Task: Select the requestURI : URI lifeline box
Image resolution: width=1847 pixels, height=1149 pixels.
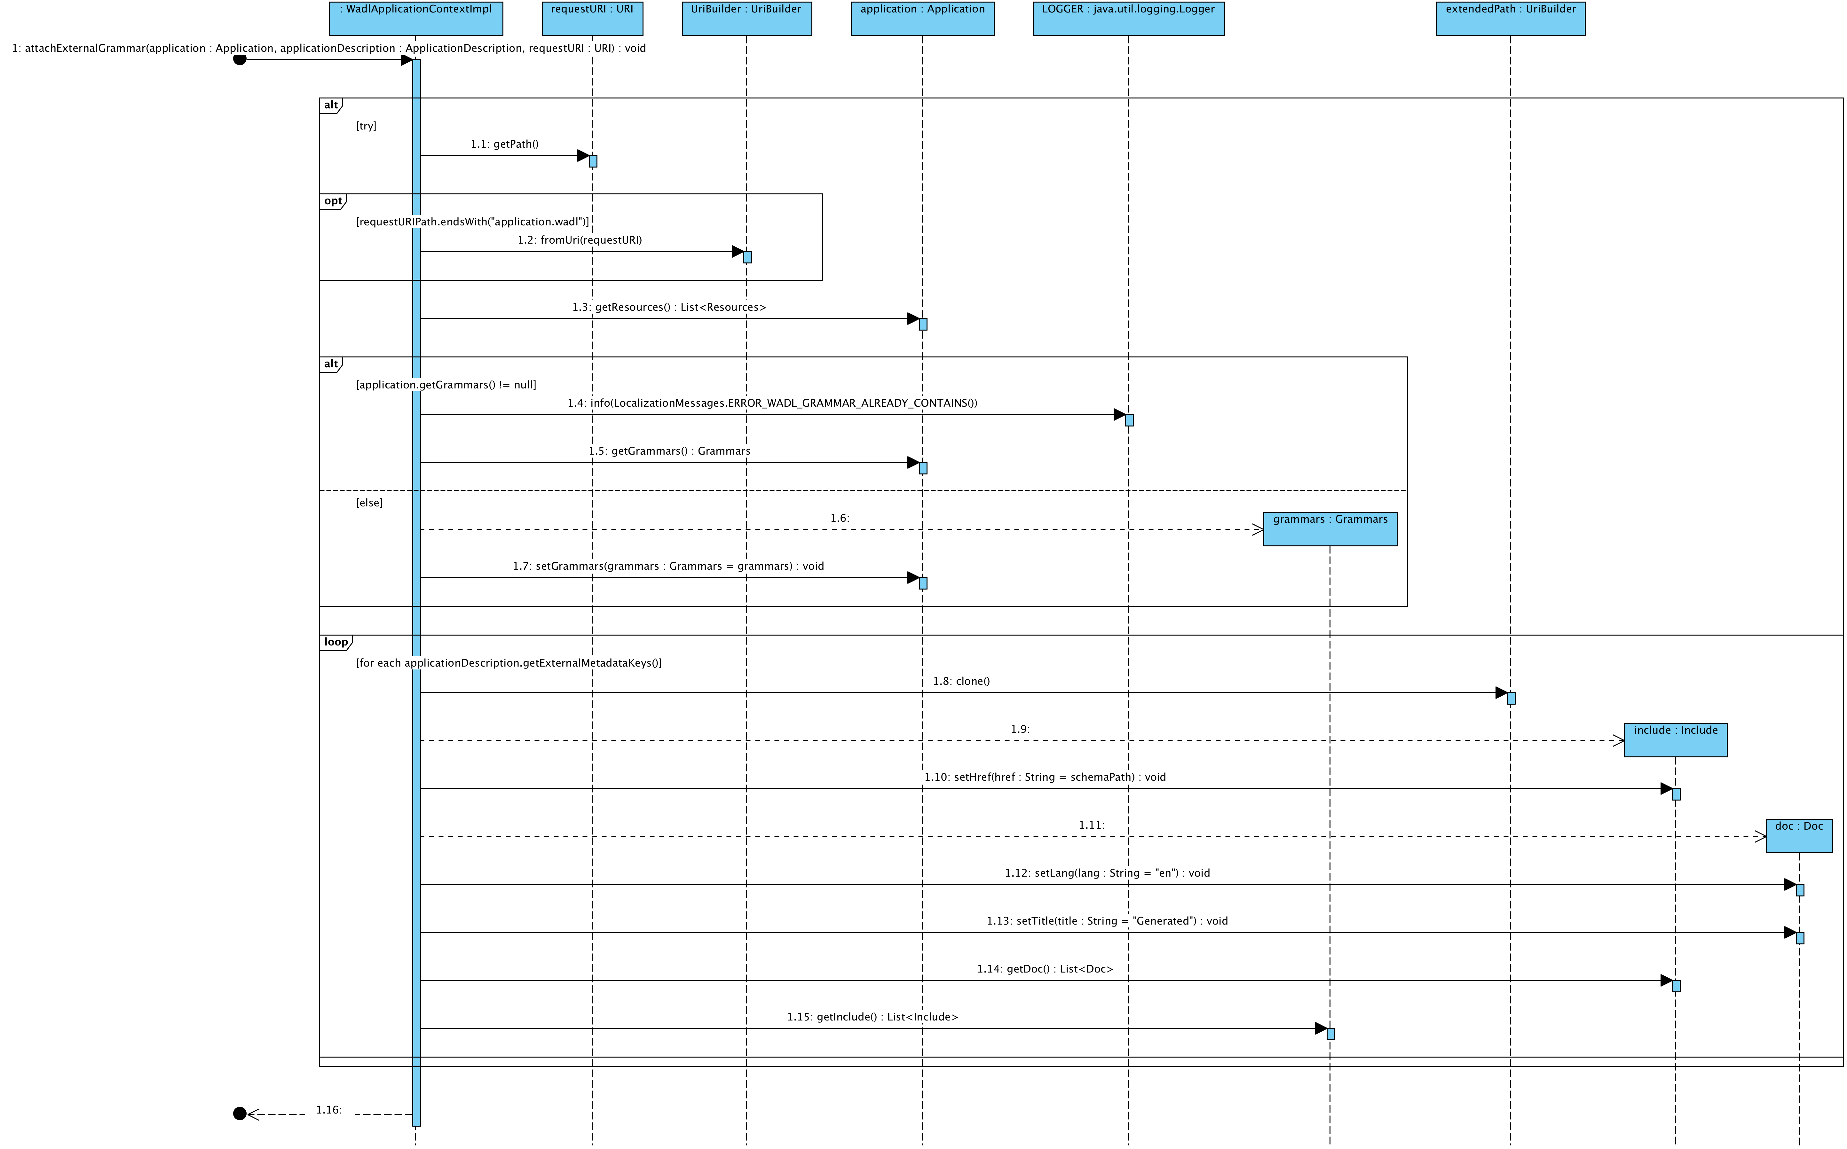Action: pos(592,18)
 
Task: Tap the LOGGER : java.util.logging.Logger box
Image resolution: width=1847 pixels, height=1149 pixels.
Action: pos(1128,18)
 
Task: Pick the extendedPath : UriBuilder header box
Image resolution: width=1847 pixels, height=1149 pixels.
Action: pos(1510,18)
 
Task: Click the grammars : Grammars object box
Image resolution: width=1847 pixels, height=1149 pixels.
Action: pos(1330,528)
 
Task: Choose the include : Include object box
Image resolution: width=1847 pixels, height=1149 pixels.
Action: pos(1675,739)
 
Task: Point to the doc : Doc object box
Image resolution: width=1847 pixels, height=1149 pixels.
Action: pos(1798,835)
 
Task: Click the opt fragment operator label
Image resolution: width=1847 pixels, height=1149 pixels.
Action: pos(333,201)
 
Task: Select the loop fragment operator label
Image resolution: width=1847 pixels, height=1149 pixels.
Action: pos(335,642)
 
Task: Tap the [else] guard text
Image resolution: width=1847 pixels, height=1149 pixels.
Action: pos(369,503)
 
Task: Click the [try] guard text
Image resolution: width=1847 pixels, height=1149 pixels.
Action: pos(366,126)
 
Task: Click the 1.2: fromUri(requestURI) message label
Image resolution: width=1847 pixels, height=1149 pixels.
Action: pos(579,240)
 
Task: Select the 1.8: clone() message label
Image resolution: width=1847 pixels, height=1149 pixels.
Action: pos(961,681)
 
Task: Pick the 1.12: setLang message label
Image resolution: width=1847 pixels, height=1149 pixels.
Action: pos(1107,873)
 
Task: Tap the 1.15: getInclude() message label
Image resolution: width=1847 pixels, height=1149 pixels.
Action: pos(872,1017)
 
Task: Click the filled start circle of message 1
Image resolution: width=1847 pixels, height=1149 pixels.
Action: pos(240,59)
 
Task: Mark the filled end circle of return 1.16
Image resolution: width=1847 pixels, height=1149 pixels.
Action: pos(240,1114)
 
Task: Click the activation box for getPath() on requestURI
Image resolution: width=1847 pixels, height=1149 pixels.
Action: pos(593,161)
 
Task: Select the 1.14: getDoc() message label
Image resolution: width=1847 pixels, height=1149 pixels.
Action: pos(1044,969)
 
